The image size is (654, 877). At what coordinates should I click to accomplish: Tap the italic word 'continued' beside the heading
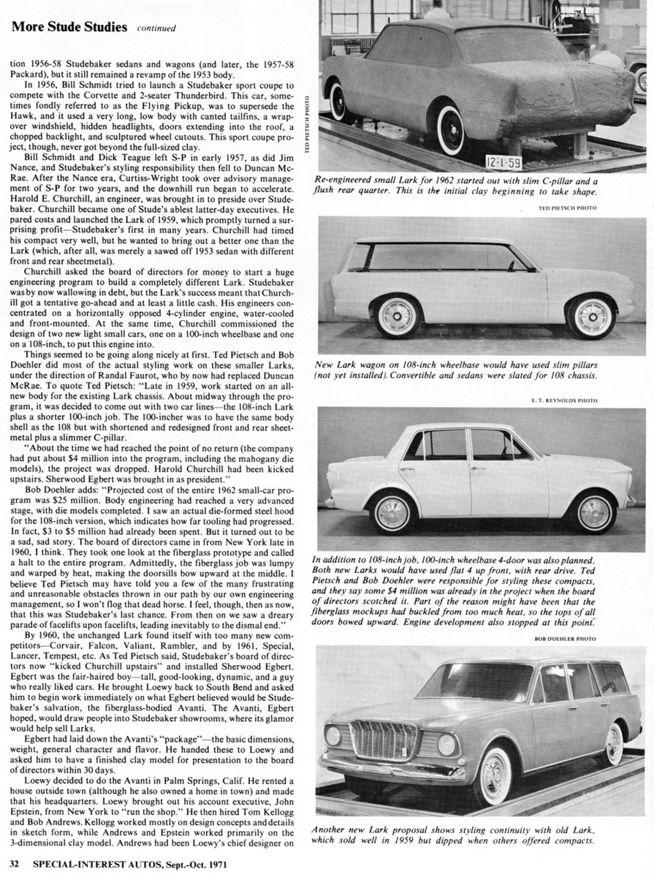coord(156,29)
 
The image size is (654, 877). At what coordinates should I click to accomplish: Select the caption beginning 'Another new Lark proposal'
coord(479,835)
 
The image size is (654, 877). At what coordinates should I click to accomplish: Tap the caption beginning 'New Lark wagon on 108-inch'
coord(479,371)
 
